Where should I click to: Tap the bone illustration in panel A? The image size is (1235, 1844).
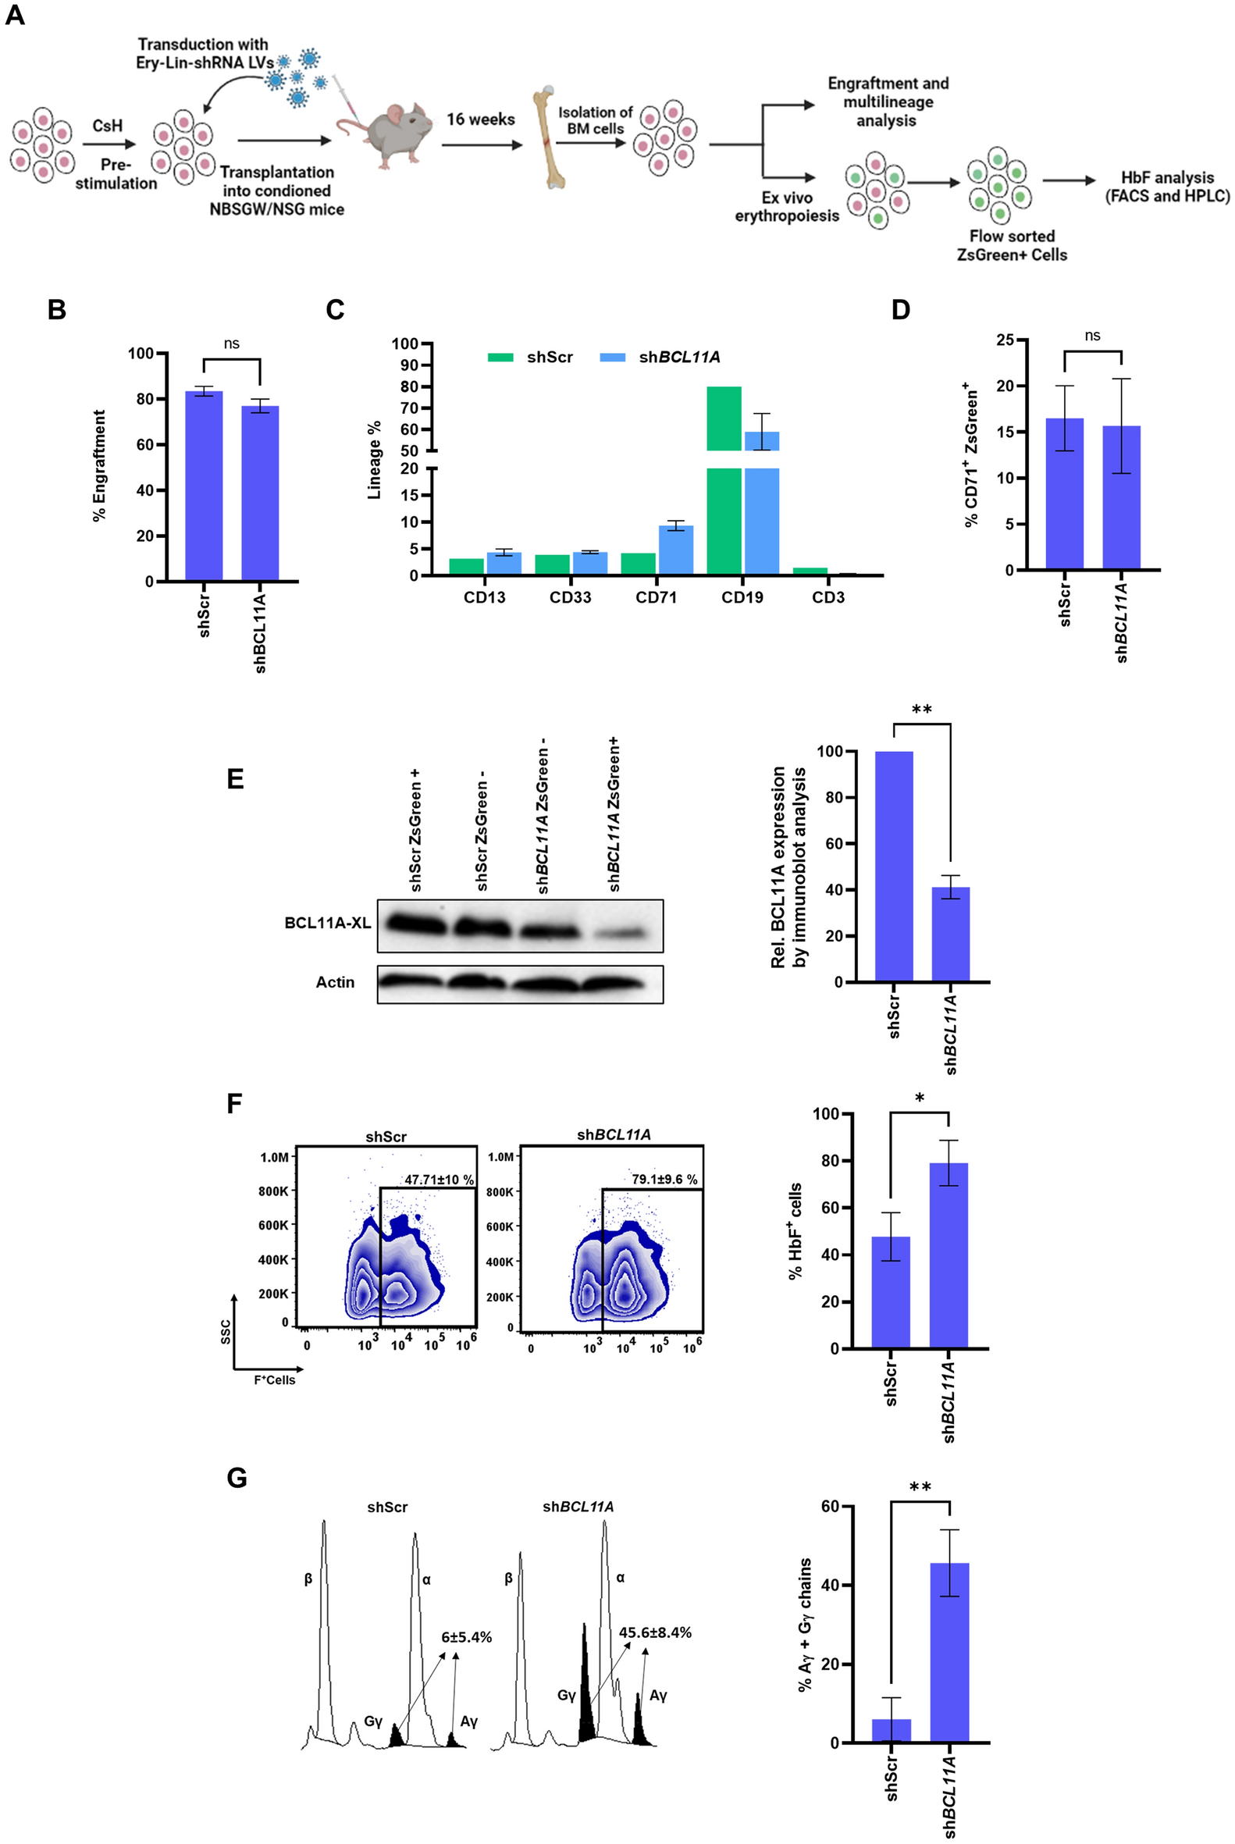click(550, 139)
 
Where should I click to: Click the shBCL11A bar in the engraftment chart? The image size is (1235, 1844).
click(260, 493)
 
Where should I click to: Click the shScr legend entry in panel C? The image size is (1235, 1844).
click(532, 358)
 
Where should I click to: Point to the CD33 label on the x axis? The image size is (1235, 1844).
click(570, 598)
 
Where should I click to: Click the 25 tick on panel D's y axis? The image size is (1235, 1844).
click(1004, 340)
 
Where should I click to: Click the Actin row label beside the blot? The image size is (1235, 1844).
click(335, 982)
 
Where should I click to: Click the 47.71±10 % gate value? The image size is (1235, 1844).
click(439, 1180)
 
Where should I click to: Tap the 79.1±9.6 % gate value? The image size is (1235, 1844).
click(664, 1179)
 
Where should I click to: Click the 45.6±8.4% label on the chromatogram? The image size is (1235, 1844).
click(654, 1633)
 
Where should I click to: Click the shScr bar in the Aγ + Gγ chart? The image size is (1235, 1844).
click(891, 1731)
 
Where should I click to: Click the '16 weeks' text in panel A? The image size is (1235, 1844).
click(480, 119)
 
